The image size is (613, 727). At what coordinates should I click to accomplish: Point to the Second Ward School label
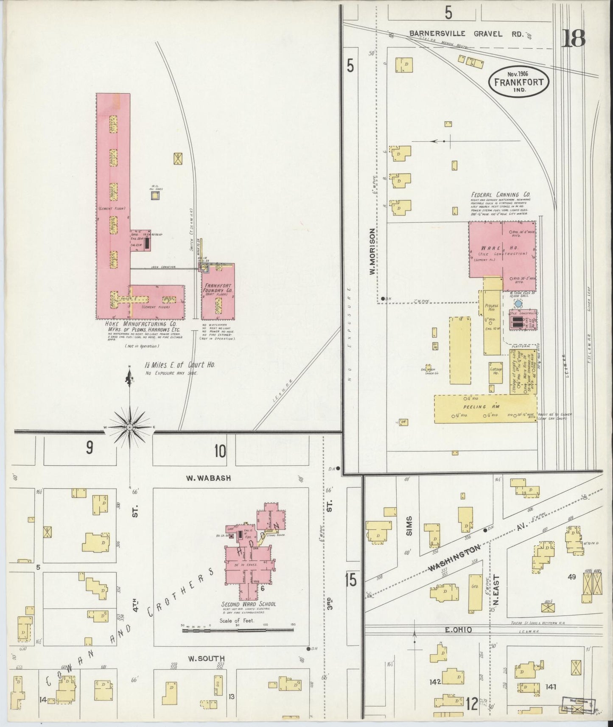(248, 604)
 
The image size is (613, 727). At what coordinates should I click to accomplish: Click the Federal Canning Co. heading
(500, 195)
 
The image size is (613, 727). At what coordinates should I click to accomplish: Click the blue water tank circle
(518, 304)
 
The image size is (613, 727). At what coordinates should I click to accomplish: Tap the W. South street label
(206, 659)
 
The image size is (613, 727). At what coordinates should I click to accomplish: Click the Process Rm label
(491, 308)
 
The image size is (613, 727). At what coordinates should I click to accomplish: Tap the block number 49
(571, 577)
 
